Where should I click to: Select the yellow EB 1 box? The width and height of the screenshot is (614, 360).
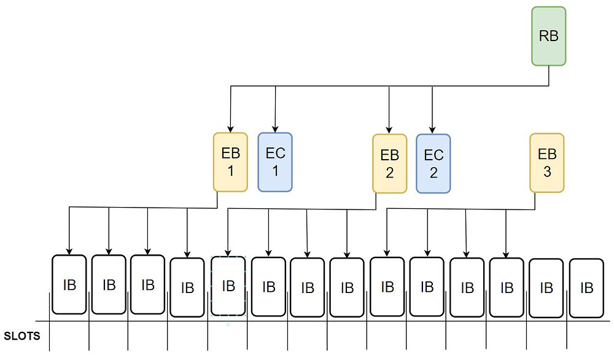[x=230, y=162]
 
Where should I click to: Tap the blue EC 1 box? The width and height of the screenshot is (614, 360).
[x=275, y=162]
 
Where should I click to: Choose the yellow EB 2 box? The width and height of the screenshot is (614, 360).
[x=389, y=164]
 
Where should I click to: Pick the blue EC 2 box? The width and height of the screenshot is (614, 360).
[x=433, y=164]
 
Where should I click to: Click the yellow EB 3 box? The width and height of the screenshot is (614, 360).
[x=547, y=163]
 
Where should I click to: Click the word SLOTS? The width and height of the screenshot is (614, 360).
[x=22, y=337]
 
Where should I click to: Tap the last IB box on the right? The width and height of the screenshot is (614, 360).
[x=586, y=288]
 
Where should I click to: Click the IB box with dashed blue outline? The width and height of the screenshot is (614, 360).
[x=228, y=286]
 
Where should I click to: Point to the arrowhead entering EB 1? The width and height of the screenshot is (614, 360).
[x=231, y=128]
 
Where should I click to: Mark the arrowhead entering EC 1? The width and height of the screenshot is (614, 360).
[x=275, y=128]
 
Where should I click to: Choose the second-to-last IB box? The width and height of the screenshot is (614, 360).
[x=546, y=288]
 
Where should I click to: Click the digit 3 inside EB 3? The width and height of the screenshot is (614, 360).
[x=547, y=172]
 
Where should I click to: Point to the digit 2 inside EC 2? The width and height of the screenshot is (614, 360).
[x=433, y=173]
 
